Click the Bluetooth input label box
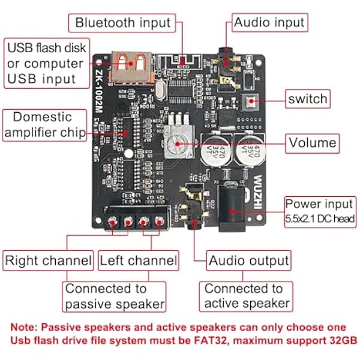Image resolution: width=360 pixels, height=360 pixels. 122,23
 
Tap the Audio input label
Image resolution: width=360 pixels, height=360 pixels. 269,23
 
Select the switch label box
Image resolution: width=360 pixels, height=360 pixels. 308,99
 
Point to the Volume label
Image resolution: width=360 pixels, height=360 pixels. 312,143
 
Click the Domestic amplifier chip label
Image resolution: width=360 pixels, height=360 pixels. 44,125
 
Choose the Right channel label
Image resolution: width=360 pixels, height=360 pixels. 48,260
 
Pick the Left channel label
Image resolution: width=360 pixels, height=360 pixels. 139,260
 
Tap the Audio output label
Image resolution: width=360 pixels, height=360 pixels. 248,260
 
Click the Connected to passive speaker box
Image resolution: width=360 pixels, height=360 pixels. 114,296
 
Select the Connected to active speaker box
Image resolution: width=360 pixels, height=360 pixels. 246,296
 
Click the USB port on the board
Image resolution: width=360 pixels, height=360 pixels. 131,67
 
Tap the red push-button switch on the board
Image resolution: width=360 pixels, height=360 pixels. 250,101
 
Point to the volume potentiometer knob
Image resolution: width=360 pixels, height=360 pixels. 178,142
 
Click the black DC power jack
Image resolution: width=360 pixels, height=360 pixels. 232,208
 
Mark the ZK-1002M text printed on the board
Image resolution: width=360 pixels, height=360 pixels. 98,91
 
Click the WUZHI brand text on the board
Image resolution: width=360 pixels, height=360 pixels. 258,192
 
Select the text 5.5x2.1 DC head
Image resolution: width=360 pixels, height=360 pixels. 320,219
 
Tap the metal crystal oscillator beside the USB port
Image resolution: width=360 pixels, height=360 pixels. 161,89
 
